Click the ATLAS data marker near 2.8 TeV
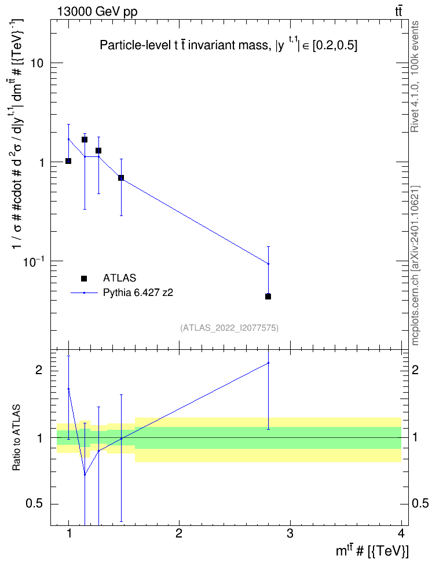268,296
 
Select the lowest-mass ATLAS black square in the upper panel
68,161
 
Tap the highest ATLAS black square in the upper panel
85,140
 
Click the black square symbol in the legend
84,278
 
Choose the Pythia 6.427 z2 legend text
138,293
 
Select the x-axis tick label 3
290,533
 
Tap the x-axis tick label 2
178,533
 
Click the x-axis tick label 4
401,533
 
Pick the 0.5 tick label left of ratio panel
35,504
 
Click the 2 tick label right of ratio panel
415,370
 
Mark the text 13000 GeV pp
97,12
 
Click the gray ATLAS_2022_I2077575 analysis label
229,327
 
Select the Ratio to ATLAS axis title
16,437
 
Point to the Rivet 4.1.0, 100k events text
415,76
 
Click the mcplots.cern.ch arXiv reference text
415,266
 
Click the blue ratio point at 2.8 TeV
268,363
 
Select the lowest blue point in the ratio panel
85,475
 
